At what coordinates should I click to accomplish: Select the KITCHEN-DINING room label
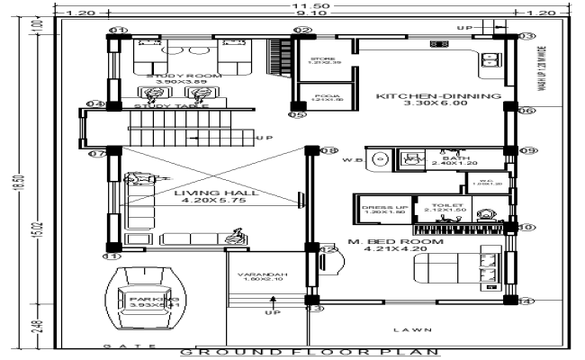[x=436, y=96]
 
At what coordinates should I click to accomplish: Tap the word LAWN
[x=418, y=330]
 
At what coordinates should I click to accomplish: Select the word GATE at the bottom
[x=121, y=346]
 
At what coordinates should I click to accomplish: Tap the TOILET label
[x=445, y=205]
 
